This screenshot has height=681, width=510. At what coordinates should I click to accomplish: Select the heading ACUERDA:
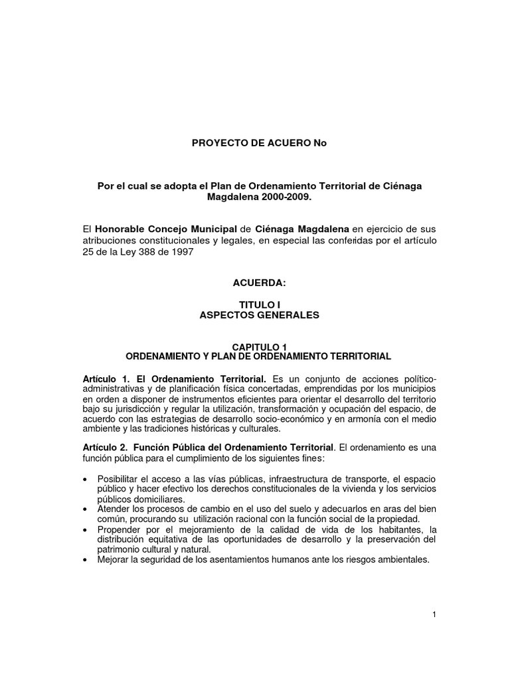coord(259,283)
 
